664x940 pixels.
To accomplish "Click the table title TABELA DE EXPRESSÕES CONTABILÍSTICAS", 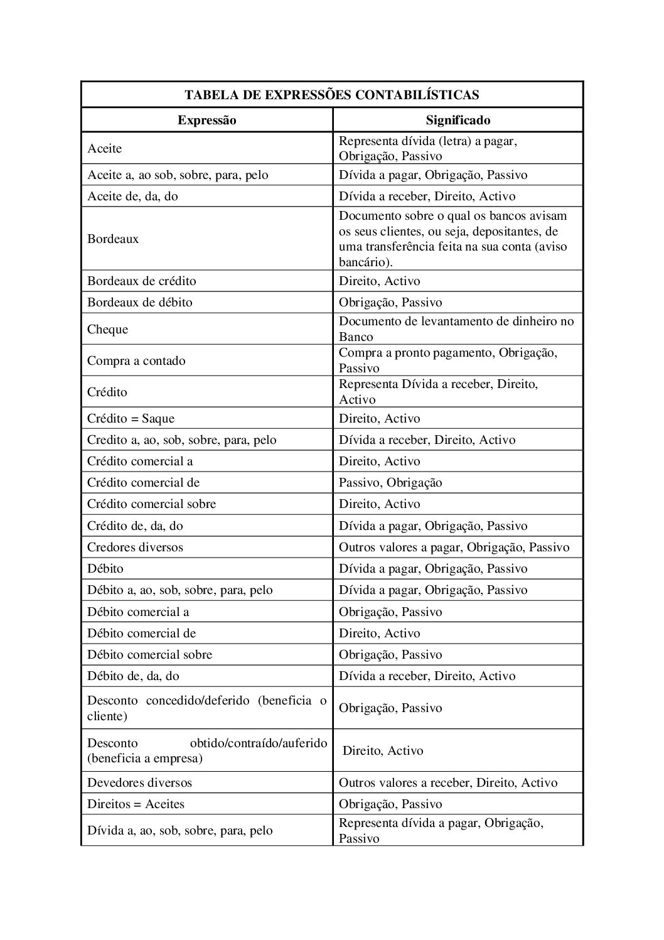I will (332, 95).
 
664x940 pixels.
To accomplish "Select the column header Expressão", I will (206, 120).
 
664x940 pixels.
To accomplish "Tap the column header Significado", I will (458, 120).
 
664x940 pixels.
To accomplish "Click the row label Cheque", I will (107, 329).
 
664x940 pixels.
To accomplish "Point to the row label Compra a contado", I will (136, 360).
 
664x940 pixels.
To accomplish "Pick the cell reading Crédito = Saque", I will (131, 418).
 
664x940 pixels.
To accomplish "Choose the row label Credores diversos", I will (135, 547).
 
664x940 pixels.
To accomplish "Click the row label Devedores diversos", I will (139, 782).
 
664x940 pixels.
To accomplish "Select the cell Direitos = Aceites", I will (136, 804).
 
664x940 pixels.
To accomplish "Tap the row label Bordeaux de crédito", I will (141, 281).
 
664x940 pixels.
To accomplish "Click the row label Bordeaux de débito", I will (139, 302).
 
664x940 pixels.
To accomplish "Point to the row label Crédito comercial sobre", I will (151, 504).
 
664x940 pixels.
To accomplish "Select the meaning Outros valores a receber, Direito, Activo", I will (448, 782).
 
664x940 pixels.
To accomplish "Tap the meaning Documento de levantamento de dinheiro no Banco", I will (456, 328).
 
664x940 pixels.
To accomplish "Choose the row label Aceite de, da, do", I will (132, 196).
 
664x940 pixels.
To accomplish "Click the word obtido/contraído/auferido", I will (259, 743).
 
